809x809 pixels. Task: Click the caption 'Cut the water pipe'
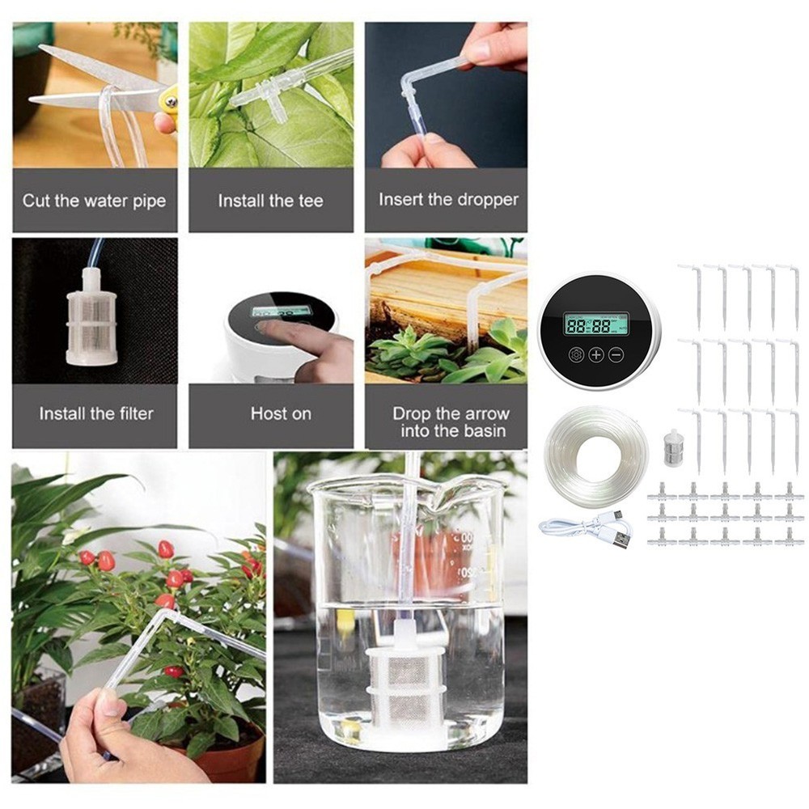click(x=94, y=200)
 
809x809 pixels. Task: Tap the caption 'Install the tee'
click(x=270, y=200)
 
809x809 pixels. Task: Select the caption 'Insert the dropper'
click(x=448, y=199)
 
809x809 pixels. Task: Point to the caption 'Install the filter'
click(x=96, y=413)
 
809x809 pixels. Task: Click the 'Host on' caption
click(x=281, y=413)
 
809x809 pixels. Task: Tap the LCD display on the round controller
click(x=596, y=324)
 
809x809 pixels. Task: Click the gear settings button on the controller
click(x=576, y=354)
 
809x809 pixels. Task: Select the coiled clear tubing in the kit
click(x=596, y=457)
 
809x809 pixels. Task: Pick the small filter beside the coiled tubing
click(x=670, y=445)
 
